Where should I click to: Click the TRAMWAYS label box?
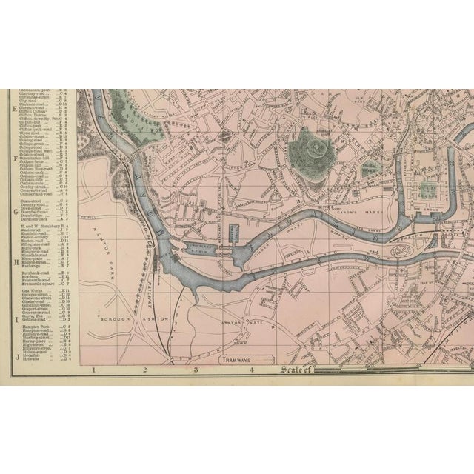click(236, 359)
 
